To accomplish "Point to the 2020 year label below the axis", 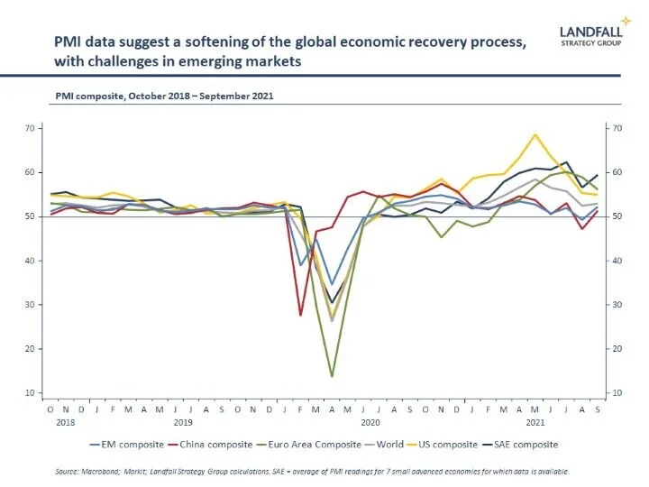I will click(x=370, y=421).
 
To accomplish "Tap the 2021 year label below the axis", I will click(x=535, y=421).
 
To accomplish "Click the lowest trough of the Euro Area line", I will click(x=332, y=376).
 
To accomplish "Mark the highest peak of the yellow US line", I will click(x=535, y=134).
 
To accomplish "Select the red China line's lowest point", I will click(x=300, y=315).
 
